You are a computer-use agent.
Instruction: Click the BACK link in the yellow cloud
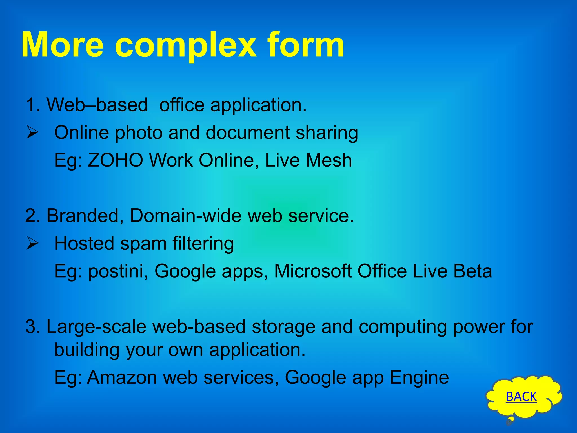(521, 397)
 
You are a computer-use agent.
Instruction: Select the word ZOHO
(116, 160)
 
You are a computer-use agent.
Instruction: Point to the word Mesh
(329, 160)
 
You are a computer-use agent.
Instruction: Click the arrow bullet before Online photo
(33, 132)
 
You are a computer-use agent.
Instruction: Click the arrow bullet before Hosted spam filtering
(33, 243)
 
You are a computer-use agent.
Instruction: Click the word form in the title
(305, 45)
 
